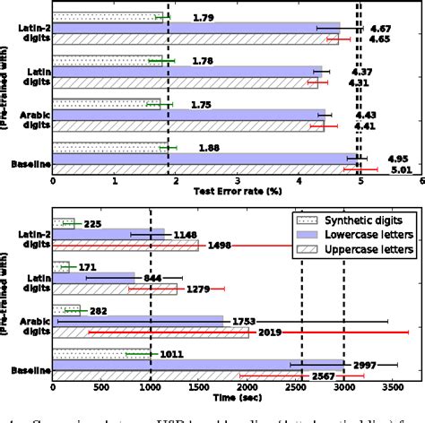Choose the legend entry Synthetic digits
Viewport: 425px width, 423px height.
tap(352, 220)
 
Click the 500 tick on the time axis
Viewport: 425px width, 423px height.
tap(101, 392)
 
